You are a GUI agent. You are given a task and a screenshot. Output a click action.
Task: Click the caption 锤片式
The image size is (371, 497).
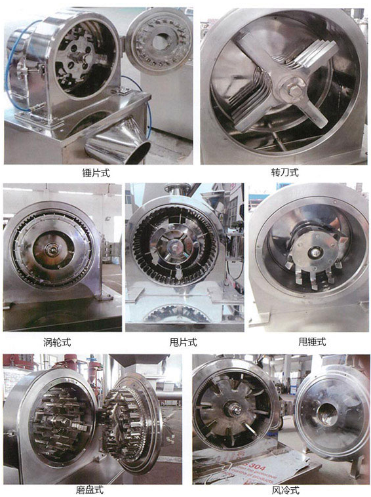(x=96, y=173)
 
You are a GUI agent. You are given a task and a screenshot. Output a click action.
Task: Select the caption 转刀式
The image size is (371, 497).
(x=285, y=172)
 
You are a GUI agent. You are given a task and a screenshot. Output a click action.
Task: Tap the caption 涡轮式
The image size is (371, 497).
(x=57, y=342)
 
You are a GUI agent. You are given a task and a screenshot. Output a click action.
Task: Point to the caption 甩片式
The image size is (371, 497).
(x=183, y=342)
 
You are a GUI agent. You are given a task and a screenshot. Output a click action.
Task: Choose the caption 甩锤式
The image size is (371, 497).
(x=312, y=342)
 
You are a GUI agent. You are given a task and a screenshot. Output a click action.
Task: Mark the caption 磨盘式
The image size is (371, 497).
(x=90, y=490)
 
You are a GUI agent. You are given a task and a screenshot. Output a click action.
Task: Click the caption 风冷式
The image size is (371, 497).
(x=285, y=490)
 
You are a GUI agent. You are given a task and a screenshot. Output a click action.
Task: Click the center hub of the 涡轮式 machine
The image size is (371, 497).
(x=50, y=249)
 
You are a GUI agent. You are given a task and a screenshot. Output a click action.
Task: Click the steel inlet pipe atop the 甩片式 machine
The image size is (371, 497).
(x=178, y=189)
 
